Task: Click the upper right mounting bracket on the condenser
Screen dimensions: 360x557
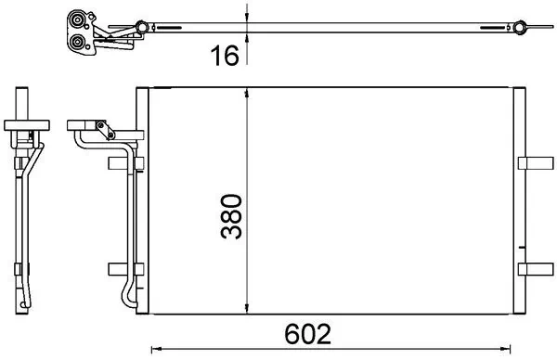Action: tap(532, 163)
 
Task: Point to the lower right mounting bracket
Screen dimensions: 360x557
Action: tap(532, 269)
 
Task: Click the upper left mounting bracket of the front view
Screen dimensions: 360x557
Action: tap(122, 163)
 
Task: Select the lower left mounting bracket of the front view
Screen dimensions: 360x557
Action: tap(122, 269)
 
